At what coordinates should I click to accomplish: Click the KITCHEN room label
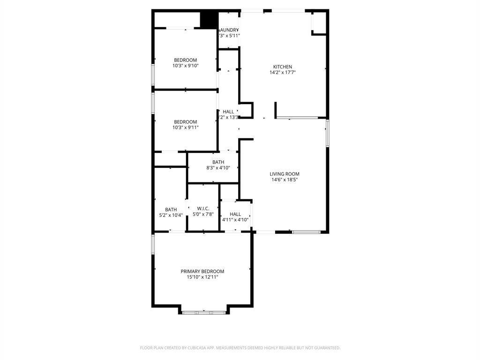283,67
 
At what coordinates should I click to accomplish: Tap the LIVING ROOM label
285,174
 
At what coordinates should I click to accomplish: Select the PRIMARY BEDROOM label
202,271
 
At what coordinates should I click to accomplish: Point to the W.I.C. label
203,209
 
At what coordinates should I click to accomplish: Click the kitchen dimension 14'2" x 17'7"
283,73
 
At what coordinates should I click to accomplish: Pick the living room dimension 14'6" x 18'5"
285,180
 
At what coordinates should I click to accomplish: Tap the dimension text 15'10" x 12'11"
202,277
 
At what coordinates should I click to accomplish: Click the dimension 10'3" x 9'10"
186,66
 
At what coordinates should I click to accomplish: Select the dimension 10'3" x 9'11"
186,127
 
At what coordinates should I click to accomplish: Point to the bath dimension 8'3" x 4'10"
218,168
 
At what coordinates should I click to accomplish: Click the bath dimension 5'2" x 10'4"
171,215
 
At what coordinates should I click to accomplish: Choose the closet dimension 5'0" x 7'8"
203,214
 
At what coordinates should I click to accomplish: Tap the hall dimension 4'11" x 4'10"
235,219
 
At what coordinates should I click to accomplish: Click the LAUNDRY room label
229,30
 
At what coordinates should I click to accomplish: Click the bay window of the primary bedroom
204,312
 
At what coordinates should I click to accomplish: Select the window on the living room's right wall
327,133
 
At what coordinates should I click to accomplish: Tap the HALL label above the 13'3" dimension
228,112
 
